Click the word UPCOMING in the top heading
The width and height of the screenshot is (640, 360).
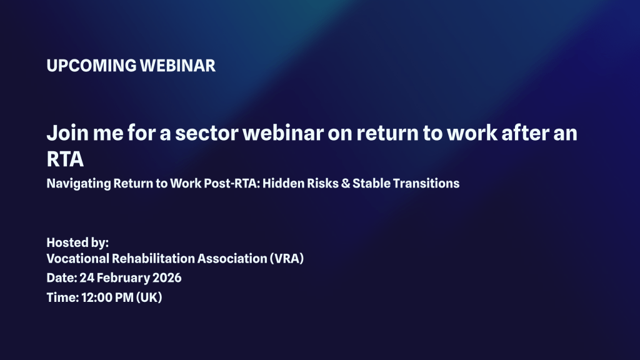(x=91, y=66)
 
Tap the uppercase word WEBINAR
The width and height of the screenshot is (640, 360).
(x=177, y=66)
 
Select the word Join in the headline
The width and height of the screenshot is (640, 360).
(x=67, y=133)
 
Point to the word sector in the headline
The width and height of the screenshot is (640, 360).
(x=206, y=134)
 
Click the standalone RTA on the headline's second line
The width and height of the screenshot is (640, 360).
(x=65, y=159)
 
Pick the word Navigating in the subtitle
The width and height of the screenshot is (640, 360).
(x=78, y=184)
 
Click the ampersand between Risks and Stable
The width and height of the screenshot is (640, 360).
(x=346, y=183)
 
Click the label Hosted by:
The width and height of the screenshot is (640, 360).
(x=77, y=242)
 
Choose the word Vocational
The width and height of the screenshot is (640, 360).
(x=77, y=258)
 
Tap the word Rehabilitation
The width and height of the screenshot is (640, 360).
(x=153, y=258)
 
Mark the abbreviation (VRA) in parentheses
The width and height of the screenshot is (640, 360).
(x=286, y=258)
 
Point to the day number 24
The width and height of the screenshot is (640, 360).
(x=86, y=278)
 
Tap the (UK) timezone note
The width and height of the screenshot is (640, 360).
(x=149, y=297)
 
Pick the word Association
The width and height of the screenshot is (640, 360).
(x=232, y=258)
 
